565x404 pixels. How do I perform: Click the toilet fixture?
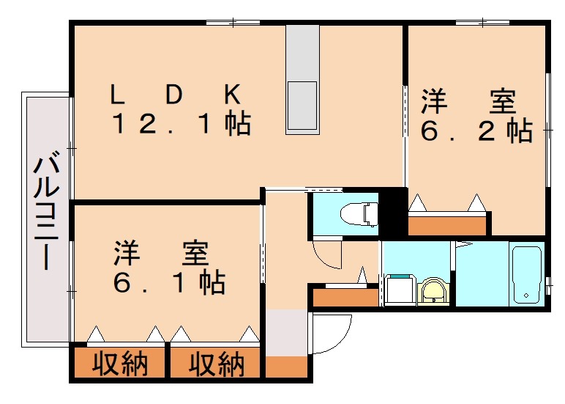click(x=359, y=214)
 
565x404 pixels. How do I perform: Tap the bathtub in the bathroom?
click(x=526, y=275)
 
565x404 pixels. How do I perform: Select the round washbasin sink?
click(x=433, y=291)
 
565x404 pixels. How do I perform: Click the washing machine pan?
click(x=400, y=290)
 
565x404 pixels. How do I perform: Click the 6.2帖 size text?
click(x=476, y=130)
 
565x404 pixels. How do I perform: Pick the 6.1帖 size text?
click(x=169, y=282)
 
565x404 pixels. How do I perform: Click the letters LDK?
click(x=176, y=95)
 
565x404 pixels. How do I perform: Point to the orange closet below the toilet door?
click(x=346, y=297)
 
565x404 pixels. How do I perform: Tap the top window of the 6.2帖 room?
click(x=482, y=23)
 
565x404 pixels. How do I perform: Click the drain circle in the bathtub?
click(x=526, y=295)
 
